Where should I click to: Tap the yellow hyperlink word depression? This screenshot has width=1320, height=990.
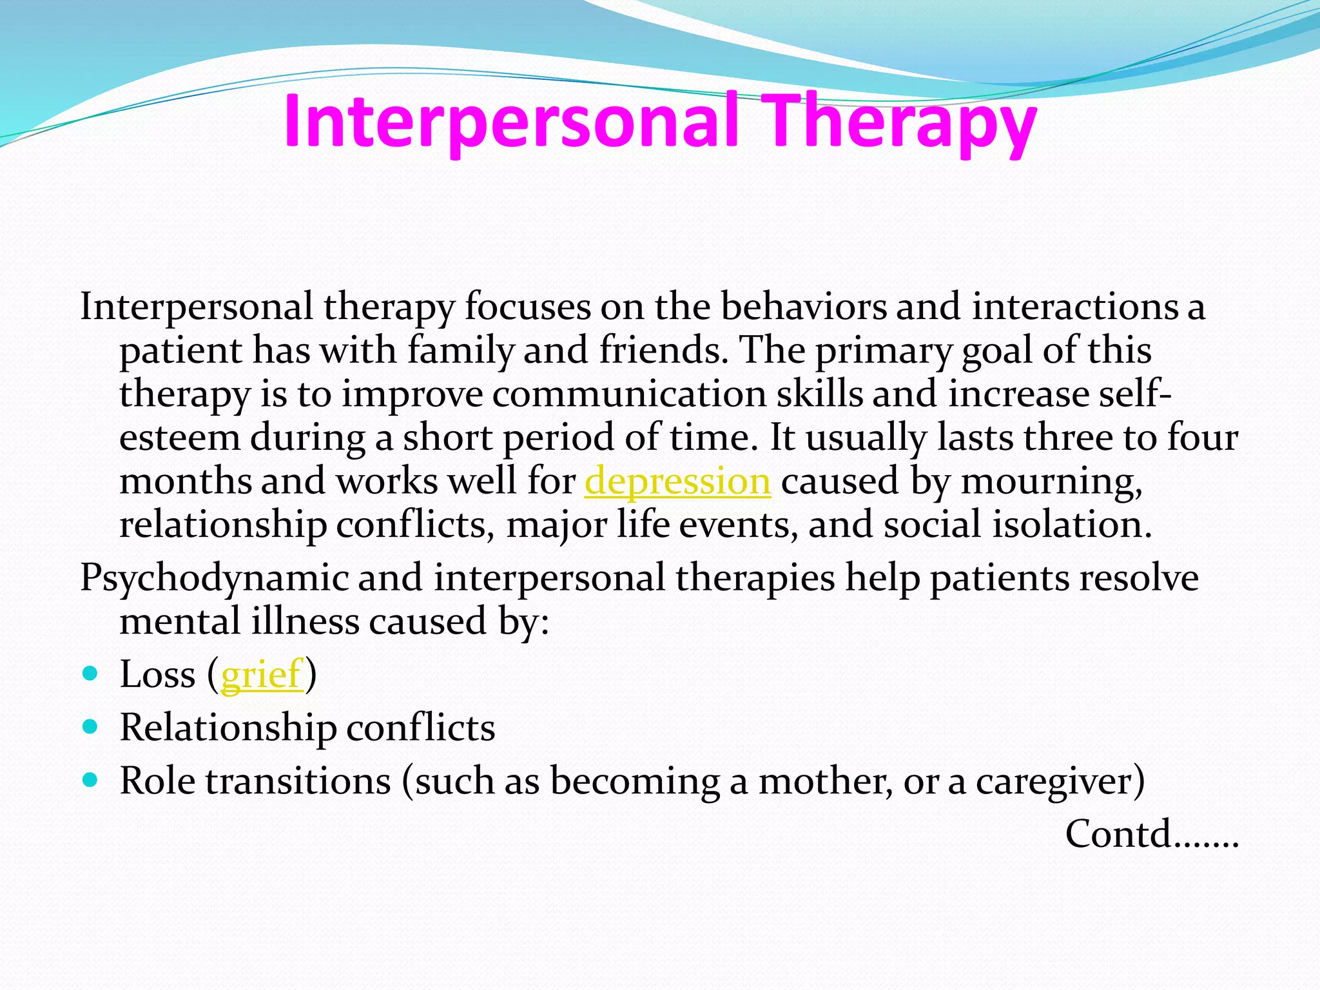(677, 481)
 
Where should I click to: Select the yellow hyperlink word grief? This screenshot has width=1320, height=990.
(262, 675)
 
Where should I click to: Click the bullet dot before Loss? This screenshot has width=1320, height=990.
(91, 674)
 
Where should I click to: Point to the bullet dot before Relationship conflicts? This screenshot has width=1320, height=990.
(91, 727)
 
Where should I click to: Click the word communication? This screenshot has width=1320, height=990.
(629, 394)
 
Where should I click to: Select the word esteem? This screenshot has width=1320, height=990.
(180, 438)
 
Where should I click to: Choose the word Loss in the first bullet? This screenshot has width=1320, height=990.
(157, 675)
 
